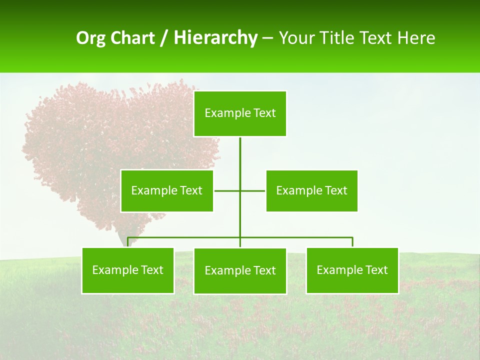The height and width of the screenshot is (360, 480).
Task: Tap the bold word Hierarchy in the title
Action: coord(215,38)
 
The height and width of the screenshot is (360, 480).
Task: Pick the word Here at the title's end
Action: coord(416,38)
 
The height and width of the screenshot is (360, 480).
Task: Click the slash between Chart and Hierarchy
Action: coord(164,38)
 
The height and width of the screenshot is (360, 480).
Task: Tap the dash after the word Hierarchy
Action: coord(267,38)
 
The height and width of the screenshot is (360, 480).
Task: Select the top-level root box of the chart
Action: coord(240,113)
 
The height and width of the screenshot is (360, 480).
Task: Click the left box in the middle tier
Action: coord(167,190)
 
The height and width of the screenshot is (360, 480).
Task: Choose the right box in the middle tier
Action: coord(311,190)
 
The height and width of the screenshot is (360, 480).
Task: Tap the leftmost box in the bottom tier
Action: coord(128,270)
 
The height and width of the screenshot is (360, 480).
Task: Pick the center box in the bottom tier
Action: coord(240,271)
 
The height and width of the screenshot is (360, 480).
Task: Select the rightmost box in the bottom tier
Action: coord(352,270)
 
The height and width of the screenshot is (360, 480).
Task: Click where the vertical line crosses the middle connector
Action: coord(240,190)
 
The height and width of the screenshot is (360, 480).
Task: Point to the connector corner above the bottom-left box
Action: coord(128,238)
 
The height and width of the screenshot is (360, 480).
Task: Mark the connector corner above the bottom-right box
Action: coord(352,238)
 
